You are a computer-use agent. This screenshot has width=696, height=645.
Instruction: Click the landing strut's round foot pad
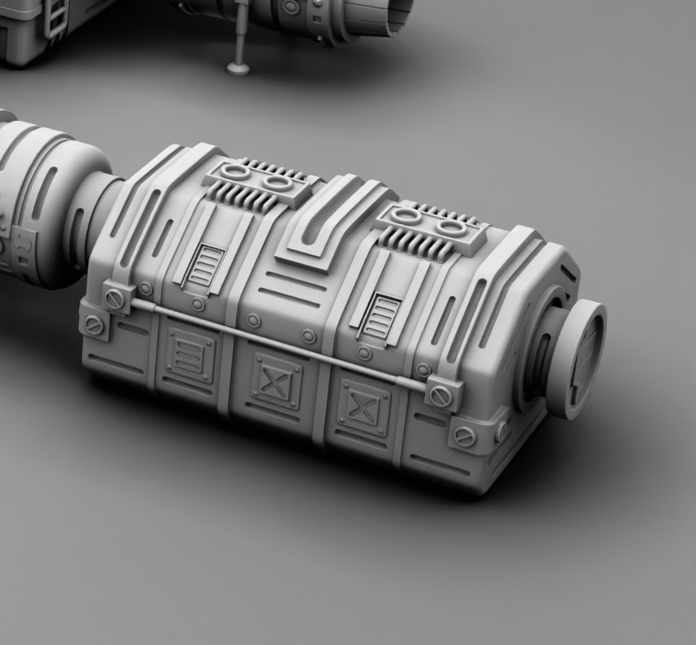238,67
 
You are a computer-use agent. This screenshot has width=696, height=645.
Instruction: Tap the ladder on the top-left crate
55,17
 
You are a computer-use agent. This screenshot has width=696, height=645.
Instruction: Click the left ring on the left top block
235,173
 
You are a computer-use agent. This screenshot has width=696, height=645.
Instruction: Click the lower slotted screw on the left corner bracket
95,326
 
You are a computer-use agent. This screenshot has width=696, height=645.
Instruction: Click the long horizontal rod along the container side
276,343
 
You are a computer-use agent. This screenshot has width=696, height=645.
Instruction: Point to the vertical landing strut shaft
242,32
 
